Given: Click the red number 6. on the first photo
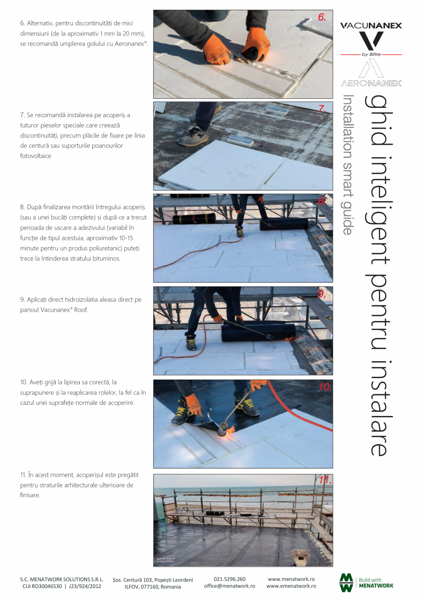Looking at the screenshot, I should tap(322, 18).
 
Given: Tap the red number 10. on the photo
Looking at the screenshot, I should tap(325, 387).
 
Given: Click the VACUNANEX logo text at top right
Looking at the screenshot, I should tap(371, 26).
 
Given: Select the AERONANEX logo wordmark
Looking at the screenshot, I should tap(371, 83).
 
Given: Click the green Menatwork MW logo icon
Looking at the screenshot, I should tap(346, 582).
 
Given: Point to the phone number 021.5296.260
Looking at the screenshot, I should tap(230, 579).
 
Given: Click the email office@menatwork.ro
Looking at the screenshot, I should tap(230, 586).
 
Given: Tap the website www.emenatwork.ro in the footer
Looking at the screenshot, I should tap(291, 586).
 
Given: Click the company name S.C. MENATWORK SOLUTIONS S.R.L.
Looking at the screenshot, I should tap(62, 579).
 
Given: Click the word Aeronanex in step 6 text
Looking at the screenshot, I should tap(132, 43).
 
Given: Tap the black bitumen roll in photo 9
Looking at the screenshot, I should tap(258, 332).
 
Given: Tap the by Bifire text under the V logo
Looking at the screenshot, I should tap(371, 54).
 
